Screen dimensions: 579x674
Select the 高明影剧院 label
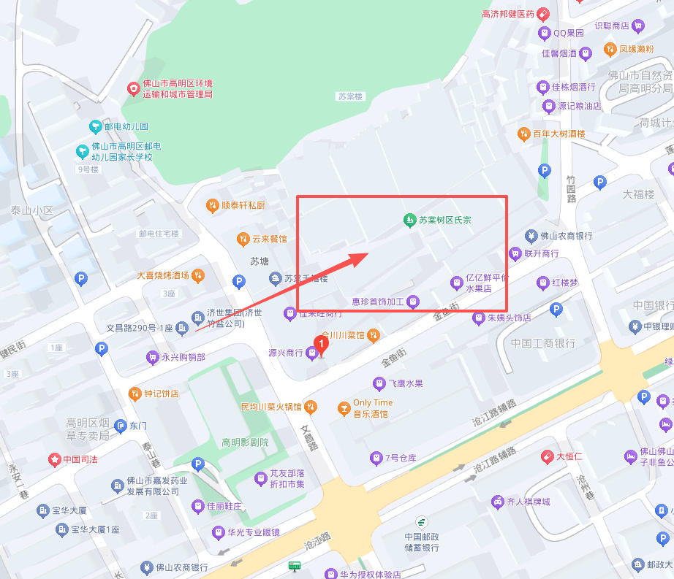click(245, 442)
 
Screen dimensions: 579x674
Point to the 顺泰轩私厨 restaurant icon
click(212, 205)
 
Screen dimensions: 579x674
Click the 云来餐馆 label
click(270, 239)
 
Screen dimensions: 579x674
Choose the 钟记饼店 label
click(161, 394)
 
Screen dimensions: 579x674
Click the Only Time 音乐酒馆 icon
click(344, 408)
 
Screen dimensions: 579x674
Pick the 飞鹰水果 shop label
click(405, 383)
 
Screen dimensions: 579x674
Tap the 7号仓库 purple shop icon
click(376, 458)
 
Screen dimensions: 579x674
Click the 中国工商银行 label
click(543, 342)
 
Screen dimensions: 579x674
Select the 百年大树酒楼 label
click(559, 134)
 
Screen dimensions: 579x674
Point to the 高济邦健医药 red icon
click(543, 13)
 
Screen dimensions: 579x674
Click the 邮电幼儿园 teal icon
click(95, 126)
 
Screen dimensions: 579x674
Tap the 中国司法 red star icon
click(54, 459)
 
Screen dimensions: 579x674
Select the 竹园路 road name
click(572, 188)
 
